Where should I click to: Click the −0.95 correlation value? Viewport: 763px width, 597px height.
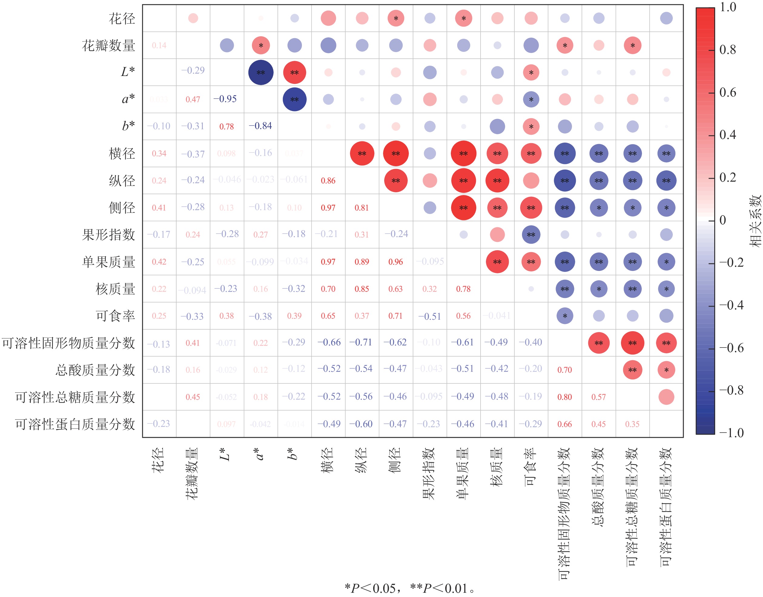[225, 99]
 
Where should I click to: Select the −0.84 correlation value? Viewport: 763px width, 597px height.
[260, 126]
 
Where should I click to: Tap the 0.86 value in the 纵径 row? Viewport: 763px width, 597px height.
[328, 181]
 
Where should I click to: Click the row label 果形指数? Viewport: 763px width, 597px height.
[108, 235]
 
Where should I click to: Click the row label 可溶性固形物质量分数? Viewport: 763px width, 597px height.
[68, 343]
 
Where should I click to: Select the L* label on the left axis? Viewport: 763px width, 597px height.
[127, 72]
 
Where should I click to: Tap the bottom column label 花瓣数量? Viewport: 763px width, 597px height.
[192, 473]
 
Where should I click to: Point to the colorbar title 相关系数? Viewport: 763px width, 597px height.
[755, 221]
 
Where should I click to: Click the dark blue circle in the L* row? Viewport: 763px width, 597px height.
[261, 72]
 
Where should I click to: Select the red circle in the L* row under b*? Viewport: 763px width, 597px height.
[294, 72]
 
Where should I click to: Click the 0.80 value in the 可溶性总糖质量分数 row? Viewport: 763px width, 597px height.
[564, 397]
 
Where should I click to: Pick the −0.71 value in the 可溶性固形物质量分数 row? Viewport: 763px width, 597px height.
[362, 342]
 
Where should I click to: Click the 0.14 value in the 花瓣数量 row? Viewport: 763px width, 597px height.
[159, 45]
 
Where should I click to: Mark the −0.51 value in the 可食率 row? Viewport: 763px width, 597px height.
[429, 316]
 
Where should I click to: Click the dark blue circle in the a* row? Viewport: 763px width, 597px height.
[294, 99]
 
